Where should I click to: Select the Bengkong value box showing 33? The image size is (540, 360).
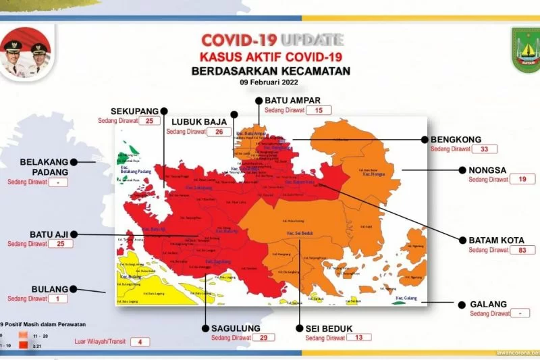pos(484,149)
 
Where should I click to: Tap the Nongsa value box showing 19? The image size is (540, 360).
pos(522,180)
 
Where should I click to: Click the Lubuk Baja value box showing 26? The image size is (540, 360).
pos(218,132)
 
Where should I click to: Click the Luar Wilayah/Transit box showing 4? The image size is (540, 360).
pos(140,342)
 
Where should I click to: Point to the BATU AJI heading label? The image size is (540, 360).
pos(48,234)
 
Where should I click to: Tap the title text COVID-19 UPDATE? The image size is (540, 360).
pos(273,40)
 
